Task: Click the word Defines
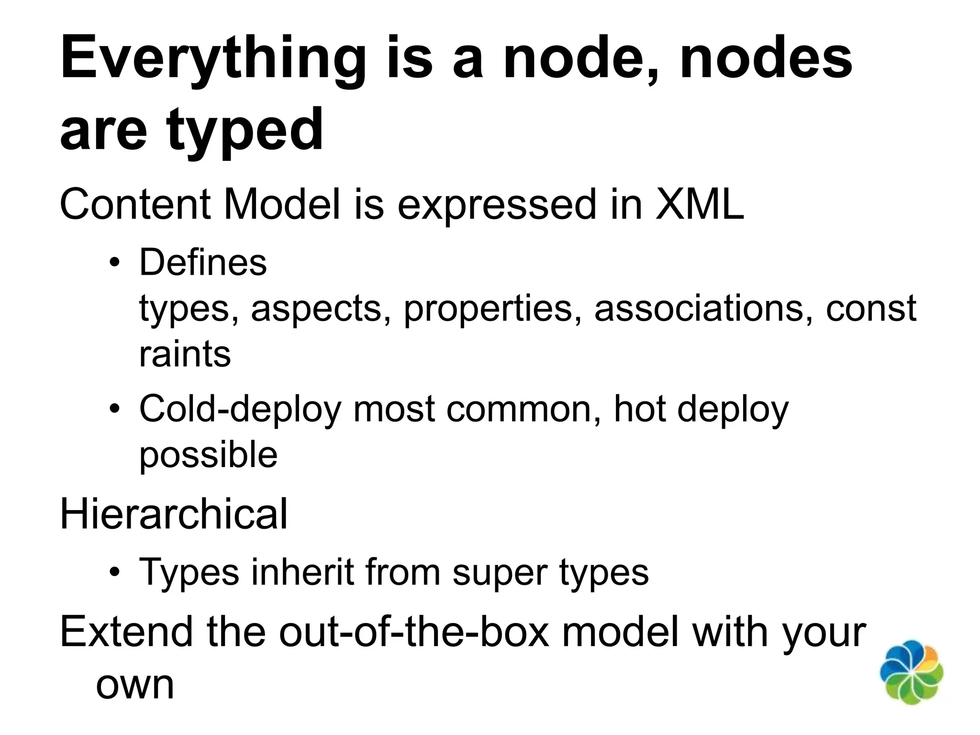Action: (x=203, y=263)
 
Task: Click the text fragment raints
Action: (x=185, y=355)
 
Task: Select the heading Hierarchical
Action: (x=174, y=514)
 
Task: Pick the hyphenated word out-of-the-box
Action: (x=414, y=632)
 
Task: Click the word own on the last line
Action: (x=135, y=685)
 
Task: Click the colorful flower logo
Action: (x=912, y=672)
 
